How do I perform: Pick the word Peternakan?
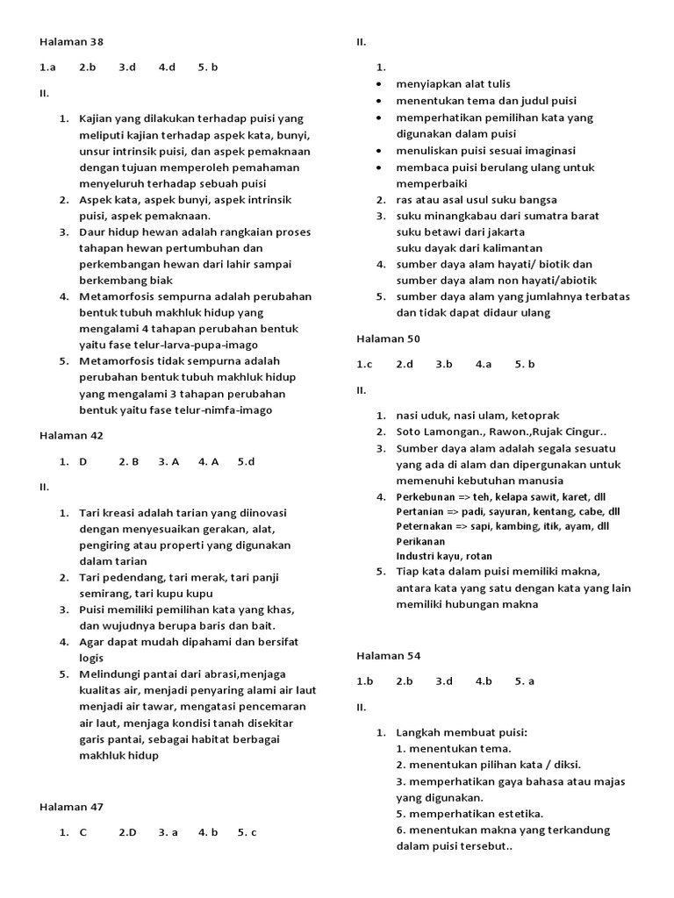coord(425,526)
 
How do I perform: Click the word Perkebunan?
coord(426,496)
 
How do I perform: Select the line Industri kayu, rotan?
coord(444,556)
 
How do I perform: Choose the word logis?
coord(91,658)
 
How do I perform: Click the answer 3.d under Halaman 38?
coord(127,67)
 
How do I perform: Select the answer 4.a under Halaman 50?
coord(484,363)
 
